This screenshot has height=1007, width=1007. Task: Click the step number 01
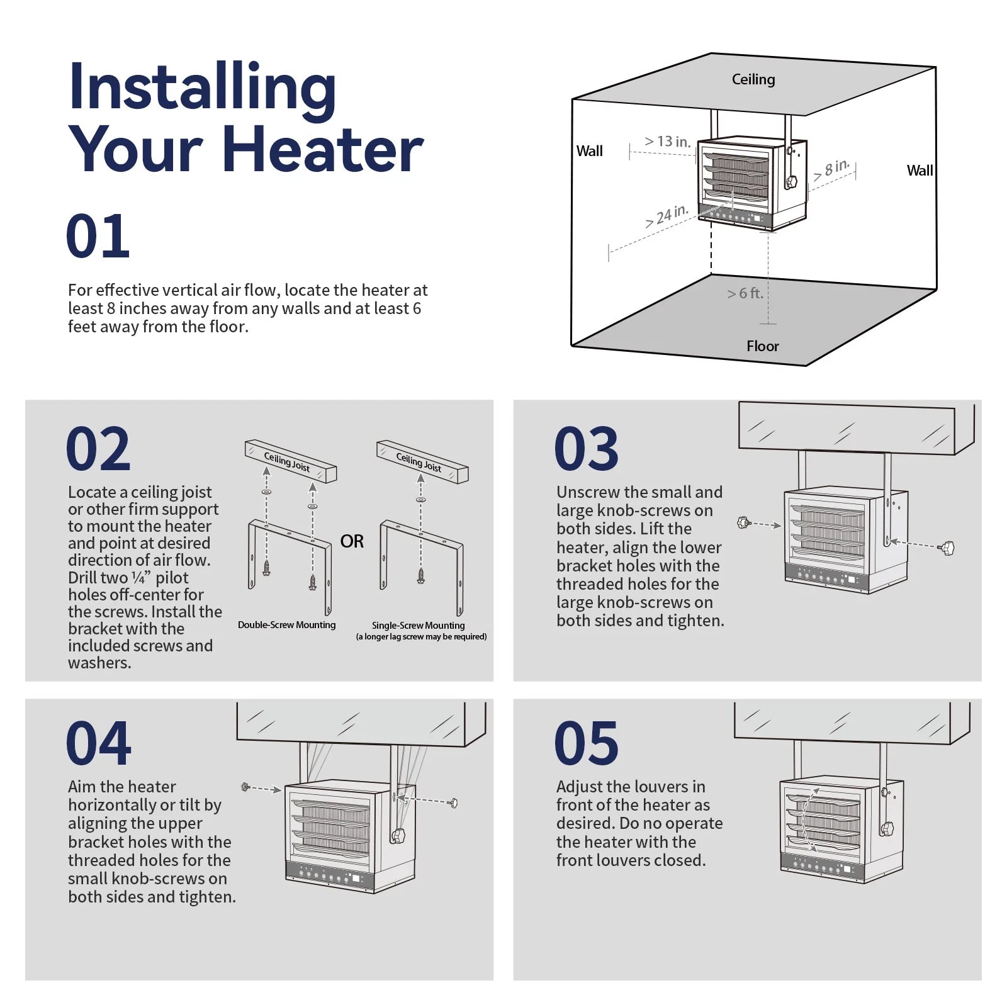[x=98, y=237]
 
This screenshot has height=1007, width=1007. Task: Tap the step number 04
[x=98, y=743]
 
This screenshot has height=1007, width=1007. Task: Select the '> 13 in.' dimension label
[x=667, y=142]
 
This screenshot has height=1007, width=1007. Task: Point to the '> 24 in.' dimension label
[x=667, y=216]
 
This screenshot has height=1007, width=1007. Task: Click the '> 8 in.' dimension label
[x=831, y=169]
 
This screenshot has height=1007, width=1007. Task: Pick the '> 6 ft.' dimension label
[x=745, y=293]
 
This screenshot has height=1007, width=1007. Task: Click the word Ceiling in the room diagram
[x=753, y=79]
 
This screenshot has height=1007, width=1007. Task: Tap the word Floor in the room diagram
[x=762, y=346]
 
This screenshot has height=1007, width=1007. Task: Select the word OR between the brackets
[x=352, y=541]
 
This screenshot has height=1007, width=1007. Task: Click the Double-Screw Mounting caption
[x=286, y=625]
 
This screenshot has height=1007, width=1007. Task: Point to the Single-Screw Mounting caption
[x=418, y=626]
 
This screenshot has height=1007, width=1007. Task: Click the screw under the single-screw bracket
[x=421, y=575]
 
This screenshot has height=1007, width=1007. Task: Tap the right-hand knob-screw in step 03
[x=947, y=548]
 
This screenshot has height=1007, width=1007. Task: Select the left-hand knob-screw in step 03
[x=744, y=522]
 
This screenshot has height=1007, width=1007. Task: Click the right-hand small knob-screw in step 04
[x=453, y=803]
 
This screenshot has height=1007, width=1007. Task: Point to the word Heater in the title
[x=323, y=150]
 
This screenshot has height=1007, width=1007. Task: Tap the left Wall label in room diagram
[x=589, y=151]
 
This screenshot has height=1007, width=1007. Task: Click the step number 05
[x=586, y=743]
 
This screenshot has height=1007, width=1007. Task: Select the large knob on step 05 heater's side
[x=887, y=828]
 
